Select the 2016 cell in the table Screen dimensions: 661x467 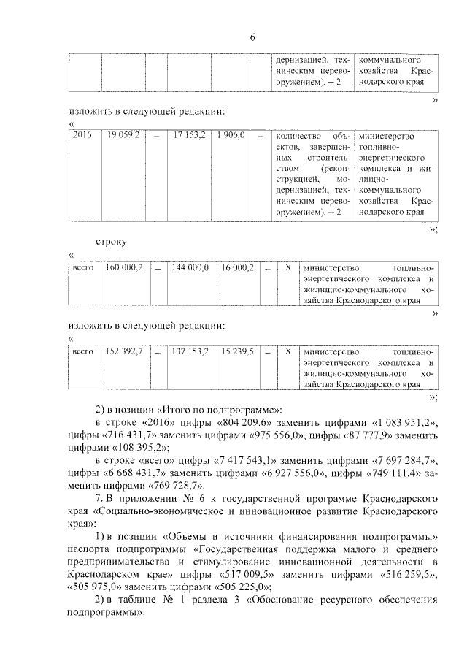pyautogui.click(x=84, y=136)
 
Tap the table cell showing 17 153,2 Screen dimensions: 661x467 pyautogui.click(x=190, y=136)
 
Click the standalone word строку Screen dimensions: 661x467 pyautogui.click(x=112, y=240)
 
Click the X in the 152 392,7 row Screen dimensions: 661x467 pyautogui.click(x=287, y=351)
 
